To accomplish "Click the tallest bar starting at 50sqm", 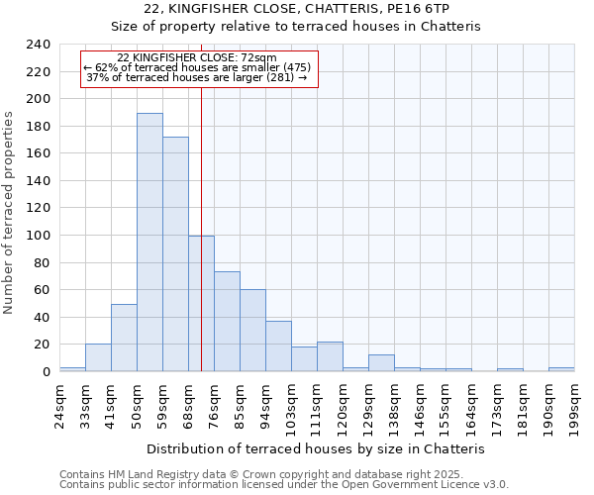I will (x=149, y=243).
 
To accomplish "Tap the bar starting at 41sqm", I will (x=124, y=338).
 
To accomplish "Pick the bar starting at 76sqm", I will (x=227, y=322).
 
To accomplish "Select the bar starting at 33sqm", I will (x=98, y=357).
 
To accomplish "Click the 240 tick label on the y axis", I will (x=38, y=45).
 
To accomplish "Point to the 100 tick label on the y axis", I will (x=38, y=236).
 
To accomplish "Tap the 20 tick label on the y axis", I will (x=42, y=345).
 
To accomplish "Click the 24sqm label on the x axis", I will (x=59, y=402).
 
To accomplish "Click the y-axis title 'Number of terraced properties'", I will (x=9, y=212).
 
